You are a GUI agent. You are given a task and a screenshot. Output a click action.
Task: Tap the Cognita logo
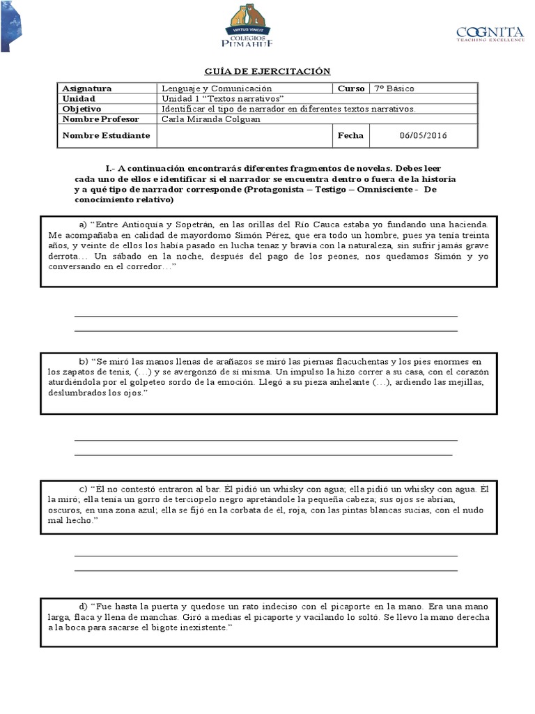[489, 34]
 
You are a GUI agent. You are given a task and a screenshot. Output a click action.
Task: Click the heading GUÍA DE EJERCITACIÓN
[267, 72]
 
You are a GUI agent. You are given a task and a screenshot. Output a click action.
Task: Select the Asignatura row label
[87, 89]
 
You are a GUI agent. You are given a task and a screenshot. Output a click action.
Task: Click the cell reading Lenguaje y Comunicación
[217, 89]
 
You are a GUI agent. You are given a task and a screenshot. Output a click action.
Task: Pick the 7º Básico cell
[394, 89]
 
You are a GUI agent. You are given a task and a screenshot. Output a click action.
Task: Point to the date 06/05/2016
[423, 135]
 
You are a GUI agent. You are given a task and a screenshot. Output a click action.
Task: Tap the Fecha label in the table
[350, 135]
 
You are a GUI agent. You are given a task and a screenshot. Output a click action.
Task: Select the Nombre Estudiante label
[106, 135]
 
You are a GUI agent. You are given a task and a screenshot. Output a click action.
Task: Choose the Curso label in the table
[351, 89]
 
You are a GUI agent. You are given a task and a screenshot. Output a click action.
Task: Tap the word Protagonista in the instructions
[275, 190]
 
